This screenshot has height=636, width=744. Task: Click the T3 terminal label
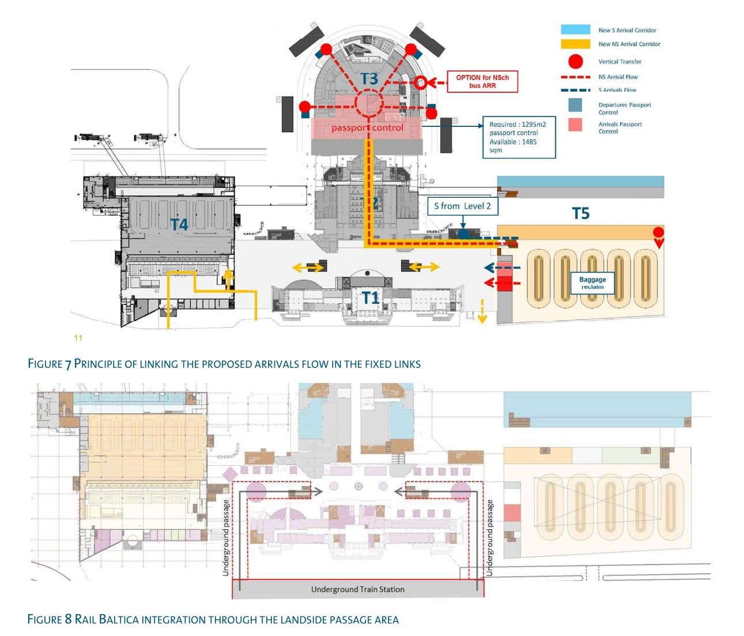pos(369,78)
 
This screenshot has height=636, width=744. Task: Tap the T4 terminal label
pos(179,224)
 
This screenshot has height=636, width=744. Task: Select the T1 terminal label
pos(370,298)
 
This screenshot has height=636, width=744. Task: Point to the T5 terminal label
pos(580,214)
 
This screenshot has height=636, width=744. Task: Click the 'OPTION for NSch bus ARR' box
pos(482,82)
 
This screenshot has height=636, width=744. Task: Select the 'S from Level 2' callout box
pos(462,206)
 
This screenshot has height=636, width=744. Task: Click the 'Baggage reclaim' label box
pos(592,283)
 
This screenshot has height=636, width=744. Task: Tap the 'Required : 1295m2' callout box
pos(518,137)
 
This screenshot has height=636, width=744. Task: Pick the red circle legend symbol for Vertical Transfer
pos(575,61)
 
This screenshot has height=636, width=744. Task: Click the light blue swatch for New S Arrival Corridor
pos(575,29)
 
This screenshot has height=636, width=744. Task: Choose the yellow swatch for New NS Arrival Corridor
pos(575,44)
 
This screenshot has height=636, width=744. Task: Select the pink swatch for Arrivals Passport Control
pos(575,125)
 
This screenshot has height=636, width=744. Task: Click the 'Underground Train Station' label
pos(357,589)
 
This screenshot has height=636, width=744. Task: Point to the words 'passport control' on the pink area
pos(367,128)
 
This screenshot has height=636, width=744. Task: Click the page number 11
pos(78,338)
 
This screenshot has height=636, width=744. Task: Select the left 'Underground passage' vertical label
pos(226,537)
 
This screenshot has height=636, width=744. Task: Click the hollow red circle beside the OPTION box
pos(421,82)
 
